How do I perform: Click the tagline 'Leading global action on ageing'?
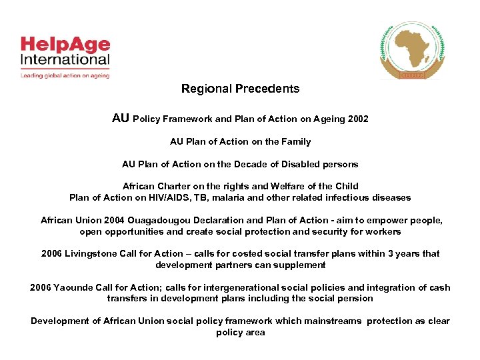click(65, 75)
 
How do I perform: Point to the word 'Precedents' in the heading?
click(267, 89)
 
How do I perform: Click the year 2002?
click(357, 119)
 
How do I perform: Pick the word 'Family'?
click(296, 141)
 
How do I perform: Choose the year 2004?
click(109, 221)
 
